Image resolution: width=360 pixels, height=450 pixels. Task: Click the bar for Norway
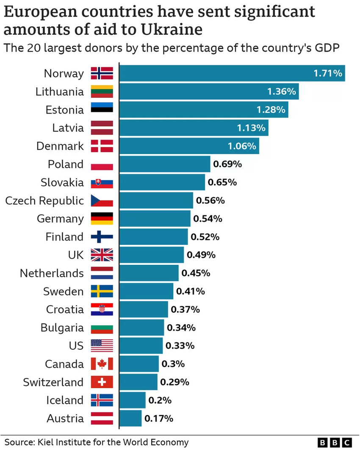(232, 73)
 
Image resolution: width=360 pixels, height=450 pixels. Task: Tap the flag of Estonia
(102, 110)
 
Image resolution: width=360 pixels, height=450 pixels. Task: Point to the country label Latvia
(68, 128)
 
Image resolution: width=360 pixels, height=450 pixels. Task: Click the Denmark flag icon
(102, 146)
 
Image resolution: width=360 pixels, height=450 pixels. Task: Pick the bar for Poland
(165, 164)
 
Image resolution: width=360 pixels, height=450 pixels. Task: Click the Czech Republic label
(44, 200)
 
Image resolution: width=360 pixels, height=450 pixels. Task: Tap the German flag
(102, 219)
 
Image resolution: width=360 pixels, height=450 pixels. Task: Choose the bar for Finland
(153, 237)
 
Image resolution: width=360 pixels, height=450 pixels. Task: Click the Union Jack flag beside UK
(102, 255)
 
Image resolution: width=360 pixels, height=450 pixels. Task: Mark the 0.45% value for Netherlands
(196, 273)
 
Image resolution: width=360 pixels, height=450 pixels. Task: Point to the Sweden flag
(102, 292)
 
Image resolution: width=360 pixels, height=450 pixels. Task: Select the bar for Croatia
(144, 310)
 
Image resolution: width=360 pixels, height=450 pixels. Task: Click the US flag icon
(102, 346)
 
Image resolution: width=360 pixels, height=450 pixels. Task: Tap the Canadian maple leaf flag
(102, 364)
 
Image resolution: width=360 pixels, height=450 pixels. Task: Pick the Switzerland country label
(53, 382)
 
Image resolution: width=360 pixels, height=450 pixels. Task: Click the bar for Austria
(130, 419)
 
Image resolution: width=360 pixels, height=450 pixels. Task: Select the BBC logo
(335, 442)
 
